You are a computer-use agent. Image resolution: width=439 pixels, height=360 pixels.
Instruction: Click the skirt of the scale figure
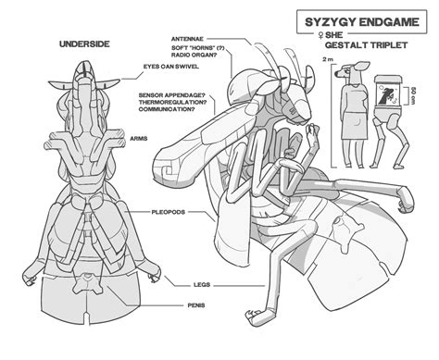click(357, 126)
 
